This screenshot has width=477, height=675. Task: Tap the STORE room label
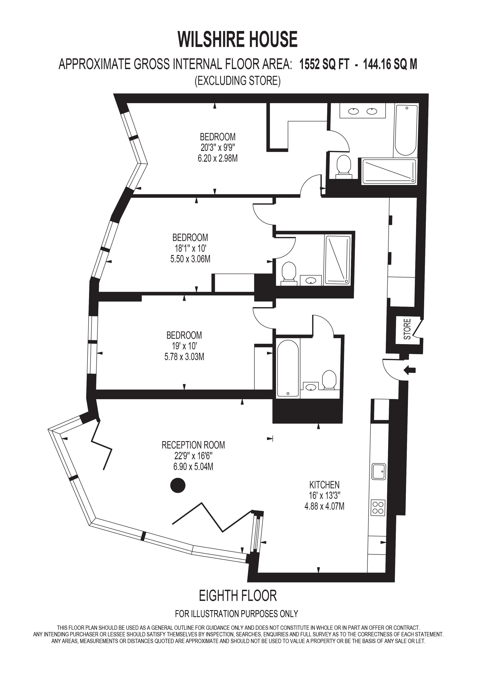[x=407, y=329]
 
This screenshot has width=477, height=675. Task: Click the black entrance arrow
[x=410, y=370]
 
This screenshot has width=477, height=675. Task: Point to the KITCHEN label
[x=324, y=485]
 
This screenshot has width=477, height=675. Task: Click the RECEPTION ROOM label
[x=193, y=445]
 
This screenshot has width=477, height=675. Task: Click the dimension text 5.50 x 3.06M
[x=190, y=259]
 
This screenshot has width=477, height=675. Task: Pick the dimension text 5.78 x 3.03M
[x=184, y=357]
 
